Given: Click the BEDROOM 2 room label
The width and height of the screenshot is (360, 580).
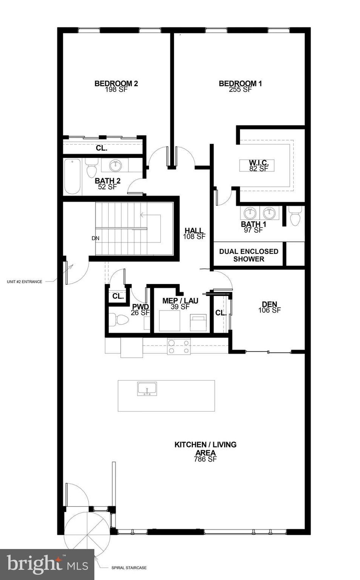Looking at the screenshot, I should (x=116, y=84).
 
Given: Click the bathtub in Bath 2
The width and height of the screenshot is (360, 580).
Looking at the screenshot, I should (x=72, y=177).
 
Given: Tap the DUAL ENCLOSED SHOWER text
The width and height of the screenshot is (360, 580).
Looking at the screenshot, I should (x=248, y=255).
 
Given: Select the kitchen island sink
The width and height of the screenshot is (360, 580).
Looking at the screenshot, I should (x=147, y=389).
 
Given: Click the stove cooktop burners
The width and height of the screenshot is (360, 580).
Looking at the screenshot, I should (x=179, y=347).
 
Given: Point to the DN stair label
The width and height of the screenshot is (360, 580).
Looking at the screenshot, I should (x=95, y=238).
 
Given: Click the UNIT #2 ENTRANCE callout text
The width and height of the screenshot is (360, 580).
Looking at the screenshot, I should (x=24, y=282).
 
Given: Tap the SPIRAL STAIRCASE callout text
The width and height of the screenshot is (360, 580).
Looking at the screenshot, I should (x=129, y=568).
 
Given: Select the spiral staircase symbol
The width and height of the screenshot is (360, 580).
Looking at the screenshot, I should (x=87, y=534).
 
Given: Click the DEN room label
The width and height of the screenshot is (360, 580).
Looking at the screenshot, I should (x=269, y=304).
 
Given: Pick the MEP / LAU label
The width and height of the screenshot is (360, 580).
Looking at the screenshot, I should (x=180, y=301).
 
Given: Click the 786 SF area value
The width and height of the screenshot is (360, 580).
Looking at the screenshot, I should (x=205, y=459).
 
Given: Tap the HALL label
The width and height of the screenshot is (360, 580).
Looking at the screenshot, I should (x=194, y=231).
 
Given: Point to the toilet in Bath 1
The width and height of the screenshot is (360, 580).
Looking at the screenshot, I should (x=295, y=216).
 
